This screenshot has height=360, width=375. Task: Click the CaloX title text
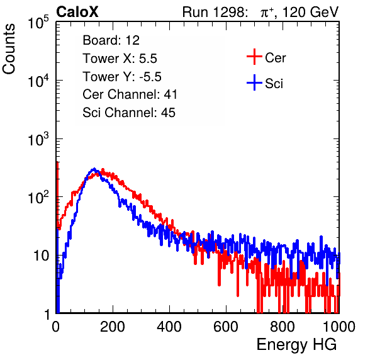(77, 12)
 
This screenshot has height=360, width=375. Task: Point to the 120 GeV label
(311, 12)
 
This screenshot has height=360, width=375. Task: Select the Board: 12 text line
(111, 40)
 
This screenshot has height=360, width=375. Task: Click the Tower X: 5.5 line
(120, 59)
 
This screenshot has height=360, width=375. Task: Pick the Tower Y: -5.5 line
(122, 77)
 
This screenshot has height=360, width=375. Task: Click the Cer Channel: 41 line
(130, 94)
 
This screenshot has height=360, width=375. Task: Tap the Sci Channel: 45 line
(129, 113)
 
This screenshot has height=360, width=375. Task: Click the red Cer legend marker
(254, 57)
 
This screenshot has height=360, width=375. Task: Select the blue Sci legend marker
(254, 83)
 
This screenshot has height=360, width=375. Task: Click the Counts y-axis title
(9, 49)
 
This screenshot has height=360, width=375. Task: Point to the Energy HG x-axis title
(296, 344)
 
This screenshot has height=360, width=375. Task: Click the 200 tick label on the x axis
(113, 327)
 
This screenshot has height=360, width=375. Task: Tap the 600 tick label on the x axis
(226, 327)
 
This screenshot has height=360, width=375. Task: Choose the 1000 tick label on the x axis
(339, 327)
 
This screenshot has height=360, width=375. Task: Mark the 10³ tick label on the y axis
(39, 139)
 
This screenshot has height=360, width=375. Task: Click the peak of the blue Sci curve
(94, 169)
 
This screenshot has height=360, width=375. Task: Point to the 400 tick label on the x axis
(169, 327)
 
